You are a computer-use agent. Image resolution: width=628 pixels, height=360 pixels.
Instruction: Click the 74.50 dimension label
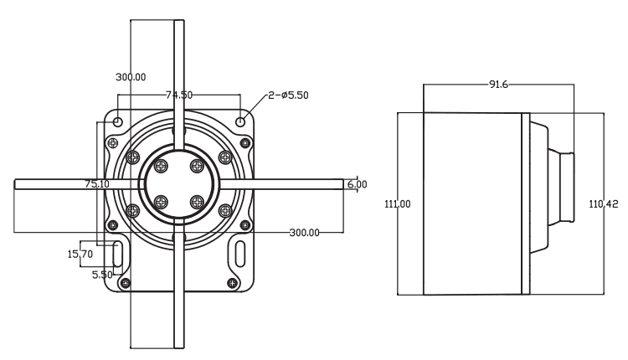(178, 95)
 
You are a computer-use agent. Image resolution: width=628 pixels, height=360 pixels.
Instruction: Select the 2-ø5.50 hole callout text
(289, 95)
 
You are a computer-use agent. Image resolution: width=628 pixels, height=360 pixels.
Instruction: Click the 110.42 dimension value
(603, 203)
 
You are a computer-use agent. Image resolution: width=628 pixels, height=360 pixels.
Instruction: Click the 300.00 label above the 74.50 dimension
(131, 76)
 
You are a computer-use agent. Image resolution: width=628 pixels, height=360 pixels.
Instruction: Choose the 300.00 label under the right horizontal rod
(304, 232)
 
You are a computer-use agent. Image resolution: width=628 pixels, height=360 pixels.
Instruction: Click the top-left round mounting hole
(118, 123)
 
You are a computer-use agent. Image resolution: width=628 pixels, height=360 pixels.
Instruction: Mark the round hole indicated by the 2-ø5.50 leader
(242, 122)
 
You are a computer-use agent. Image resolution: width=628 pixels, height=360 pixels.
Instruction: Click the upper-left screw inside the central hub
(162, 165)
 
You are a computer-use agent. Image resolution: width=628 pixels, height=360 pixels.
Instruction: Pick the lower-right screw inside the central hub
(197, 201)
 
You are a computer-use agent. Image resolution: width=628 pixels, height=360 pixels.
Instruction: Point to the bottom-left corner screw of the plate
(126, 282)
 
